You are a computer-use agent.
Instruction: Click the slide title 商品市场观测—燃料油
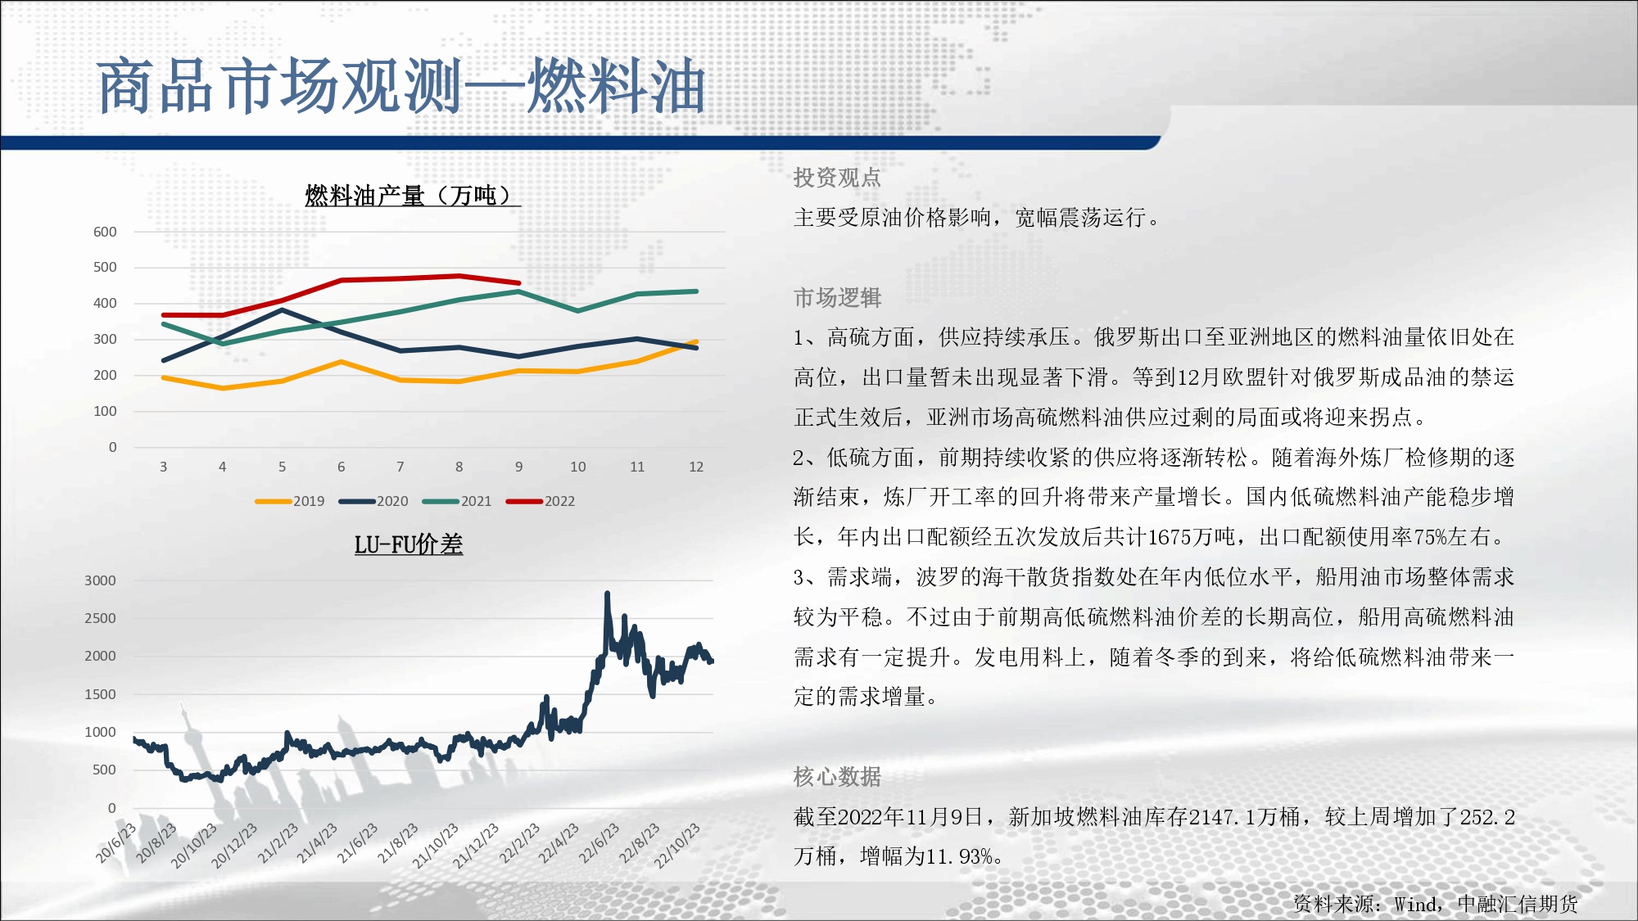click(401, 86)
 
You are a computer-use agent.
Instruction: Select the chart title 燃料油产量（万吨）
click(413, 196)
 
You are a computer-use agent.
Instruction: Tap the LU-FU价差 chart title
click(409, 544)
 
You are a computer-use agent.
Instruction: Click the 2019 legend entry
click(290, 501)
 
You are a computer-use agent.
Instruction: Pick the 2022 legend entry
click(541, 501)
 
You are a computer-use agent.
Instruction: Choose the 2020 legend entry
click(373, 501)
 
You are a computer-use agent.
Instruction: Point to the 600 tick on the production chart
click(105, 232)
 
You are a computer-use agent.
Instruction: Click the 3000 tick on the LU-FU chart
click(100, 580)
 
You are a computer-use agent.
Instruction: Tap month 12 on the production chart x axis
click(696, 467)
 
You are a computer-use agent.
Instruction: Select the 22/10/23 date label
click(678, 846)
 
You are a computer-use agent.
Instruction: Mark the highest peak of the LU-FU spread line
click(607, 593)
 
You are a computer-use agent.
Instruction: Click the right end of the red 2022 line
click(519, 283)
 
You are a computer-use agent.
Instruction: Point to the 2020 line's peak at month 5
click(283, 309)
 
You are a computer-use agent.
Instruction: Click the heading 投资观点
click(837, 178)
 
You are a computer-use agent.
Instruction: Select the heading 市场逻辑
click(837, 298)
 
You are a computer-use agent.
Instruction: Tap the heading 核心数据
click(837, 777)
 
